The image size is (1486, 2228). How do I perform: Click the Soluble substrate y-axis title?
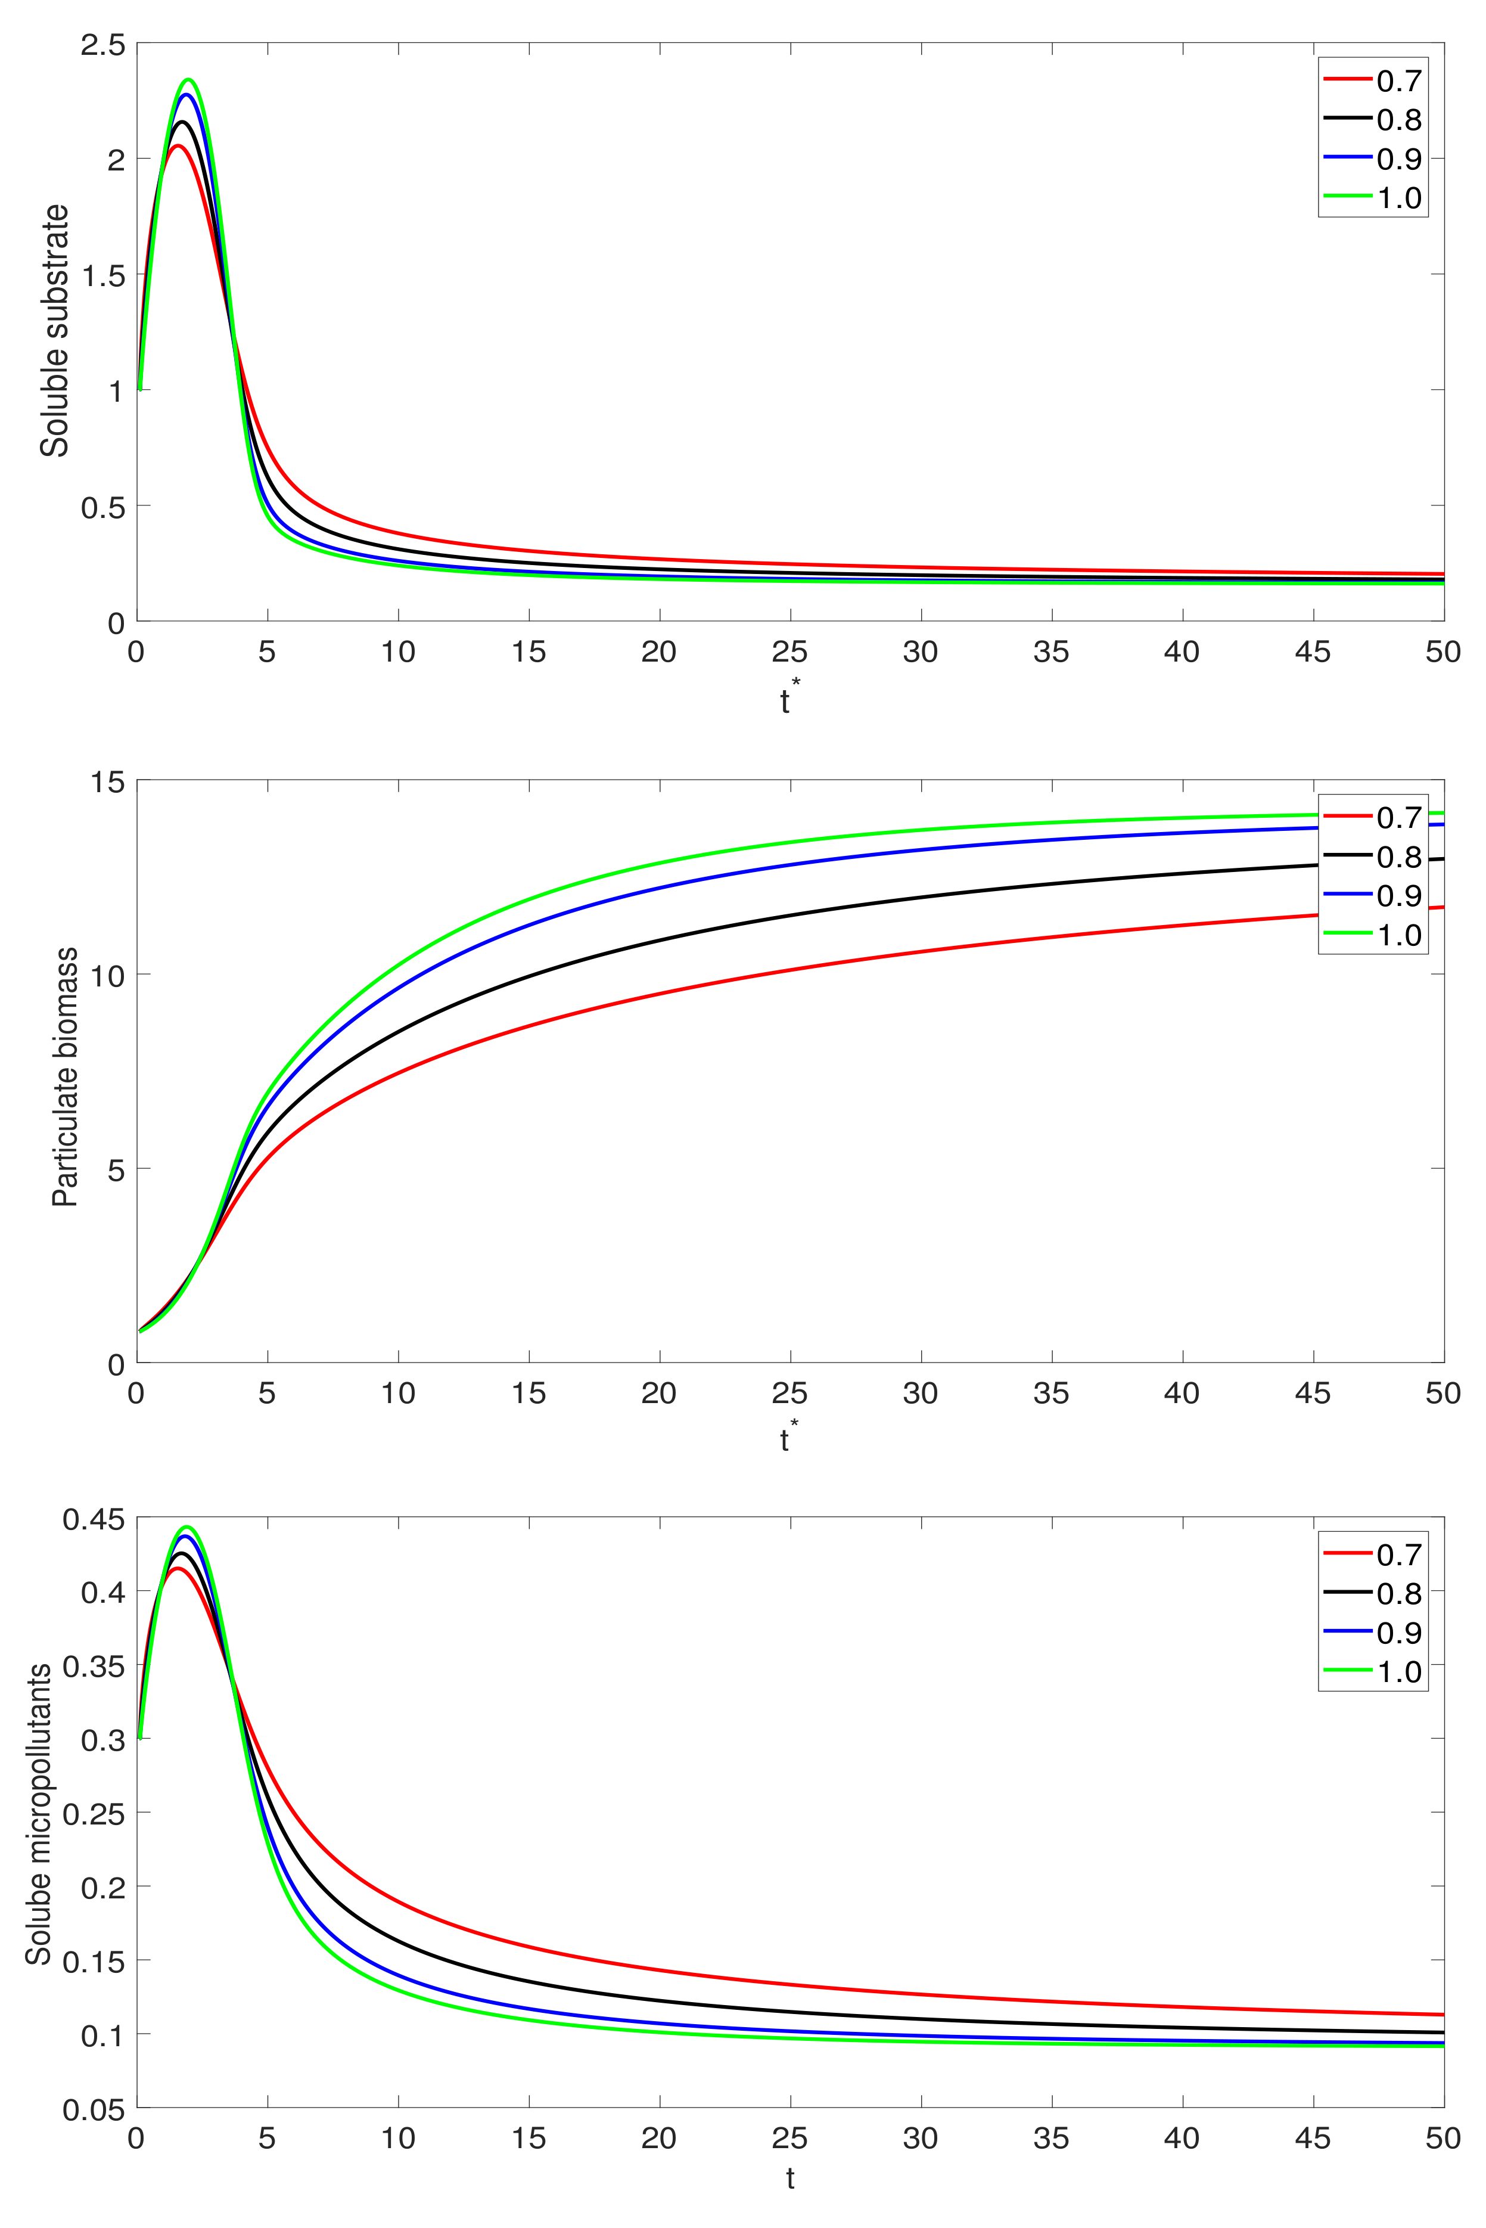[55, 330]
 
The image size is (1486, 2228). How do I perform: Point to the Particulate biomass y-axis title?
[64, 1076]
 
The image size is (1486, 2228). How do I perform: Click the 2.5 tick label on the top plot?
[102, 45]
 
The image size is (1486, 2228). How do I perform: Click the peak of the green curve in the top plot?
[189, 80]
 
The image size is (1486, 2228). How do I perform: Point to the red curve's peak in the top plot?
[177, 145]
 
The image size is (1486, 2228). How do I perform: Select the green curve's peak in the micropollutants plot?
[186, 1528]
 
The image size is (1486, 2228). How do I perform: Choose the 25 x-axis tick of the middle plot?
[789, 1393]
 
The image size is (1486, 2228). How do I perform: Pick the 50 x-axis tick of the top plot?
[1443, 652]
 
